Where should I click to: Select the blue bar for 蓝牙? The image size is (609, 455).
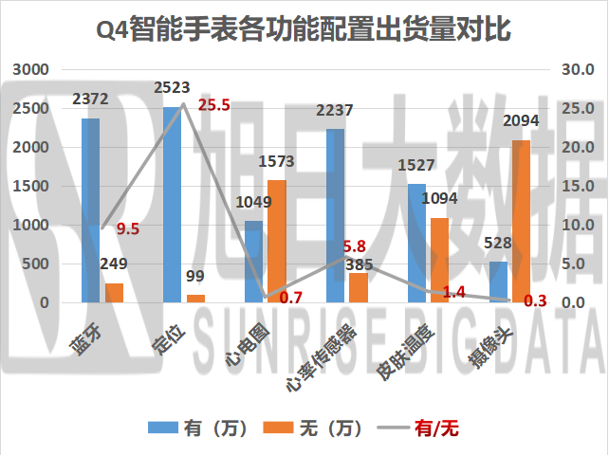click(x=90, y=210)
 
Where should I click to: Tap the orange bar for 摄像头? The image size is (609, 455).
click(x=521, y=221)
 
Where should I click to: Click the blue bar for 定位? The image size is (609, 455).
click(x=172, y=205)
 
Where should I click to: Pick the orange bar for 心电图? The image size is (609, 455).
click(x=276, y=241)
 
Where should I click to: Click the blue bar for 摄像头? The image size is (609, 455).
click(x=498, y=282)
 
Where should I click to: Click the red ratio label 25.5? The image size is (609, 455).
click(x=214, y=105)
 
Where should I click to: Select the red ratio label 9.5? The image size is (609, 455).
click(x=128, y=228)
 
